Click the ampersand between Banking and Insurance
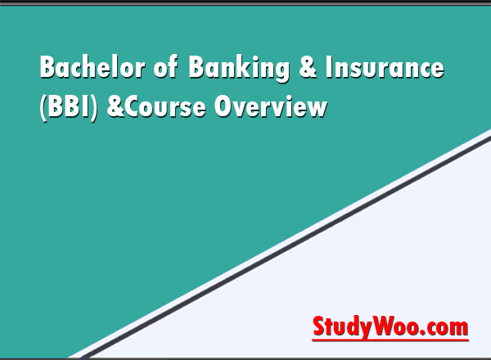point(309,70)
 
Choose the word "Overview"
point(270,107)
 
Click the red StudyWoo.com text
point(390,327)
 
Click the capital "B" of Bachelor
point(47,70)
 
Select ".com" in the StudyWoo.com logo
point(445,327)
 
